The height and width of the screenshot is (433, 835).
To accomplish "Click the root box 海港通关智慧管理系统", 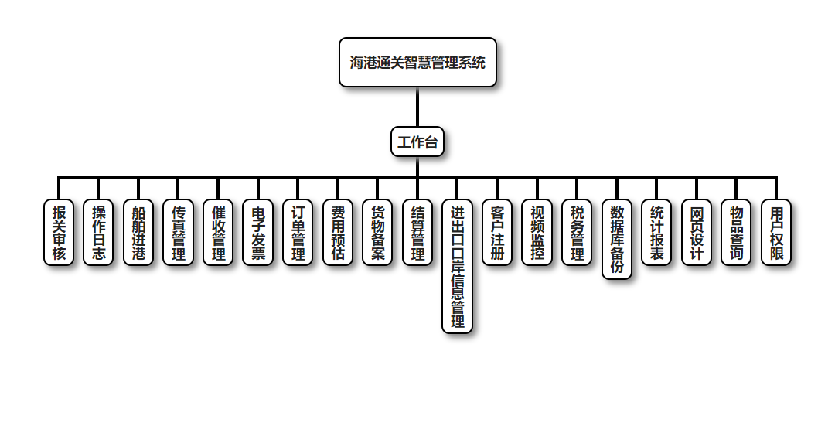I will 417,63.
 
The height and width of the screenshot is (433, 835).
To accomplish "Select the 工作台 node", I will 417,142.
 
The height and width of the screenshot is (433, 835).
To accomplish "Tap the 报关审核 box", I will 59,233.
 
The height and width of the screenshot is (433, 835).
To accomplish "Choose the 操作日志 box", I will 99,233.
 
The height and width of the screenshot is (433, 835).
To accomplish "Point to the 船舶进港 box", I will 138,233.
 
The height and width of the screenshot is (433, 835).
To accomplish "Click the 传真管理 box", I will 179,233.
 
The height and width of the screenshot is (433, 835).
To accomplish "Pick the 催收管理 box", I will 218,233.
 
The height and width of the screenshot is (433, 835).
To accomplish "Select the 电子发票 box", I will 258,233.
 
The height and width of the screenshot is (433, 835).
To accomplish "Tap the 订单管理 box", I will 298,233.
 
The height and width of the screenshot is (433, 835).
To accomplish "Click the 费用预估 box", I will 338,233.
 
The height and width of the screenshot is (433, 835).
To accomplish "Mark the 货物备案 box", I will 378,233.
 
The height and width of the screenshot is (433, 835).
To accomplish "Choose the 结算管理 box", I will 417,233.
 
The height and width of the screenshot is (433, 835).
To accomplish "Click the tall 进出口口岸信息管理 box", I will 458,267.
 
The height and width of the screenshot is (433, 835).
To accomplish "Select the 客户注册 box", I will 497,233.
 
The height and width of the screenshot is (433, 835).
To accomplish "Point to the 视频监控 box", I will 537,233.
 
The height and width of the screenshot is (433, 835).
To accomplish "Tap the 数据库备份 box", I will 617,240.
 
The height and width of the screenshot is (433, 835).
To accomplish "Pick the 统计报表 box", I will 656,233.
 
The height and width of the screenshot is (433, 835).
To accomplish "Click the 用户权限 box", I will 776,233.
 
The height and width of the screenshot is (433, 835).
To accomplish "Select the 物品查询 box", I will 737,233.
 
